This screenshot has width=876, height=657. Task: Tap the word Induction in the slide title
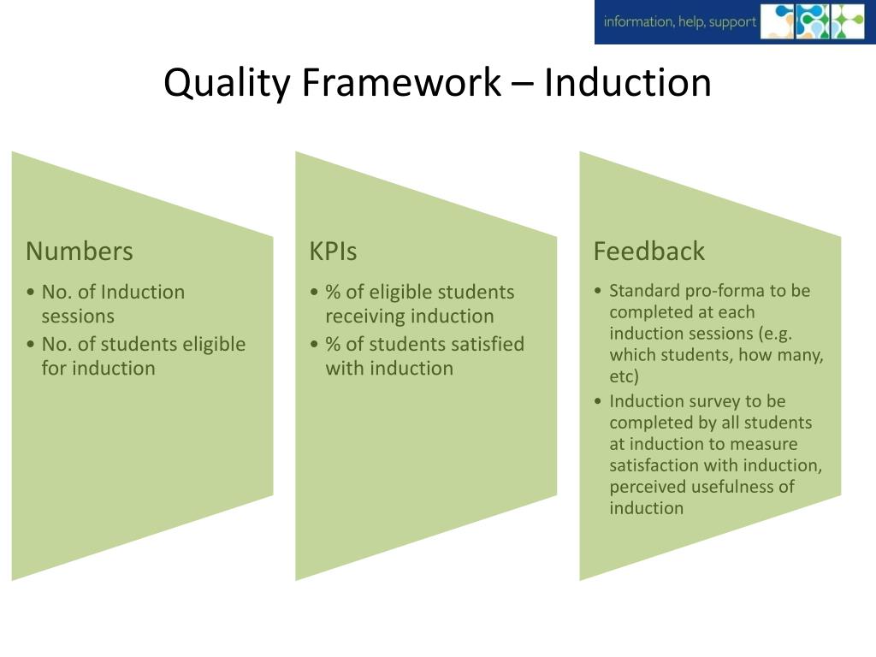click(627, 83)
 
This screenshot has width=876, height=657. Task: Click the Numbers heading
click(80, 251)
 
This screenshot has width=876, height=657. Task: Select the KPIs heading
click(333, 251)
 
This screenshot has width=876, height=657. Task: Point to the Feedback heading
click(648, 251)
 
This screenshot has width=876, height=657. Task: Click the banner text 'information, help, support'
click(679, 22)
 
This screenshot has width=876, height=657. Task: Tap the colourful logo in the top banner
click(813, 22)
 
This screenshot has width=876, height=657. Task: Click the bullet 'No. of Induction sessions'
click(113, 304)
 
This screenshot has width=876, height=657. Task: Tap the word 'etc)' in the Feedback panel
click(624, 376)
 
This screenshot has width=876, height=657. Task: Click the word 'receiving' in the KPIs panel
click(365, 317)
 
